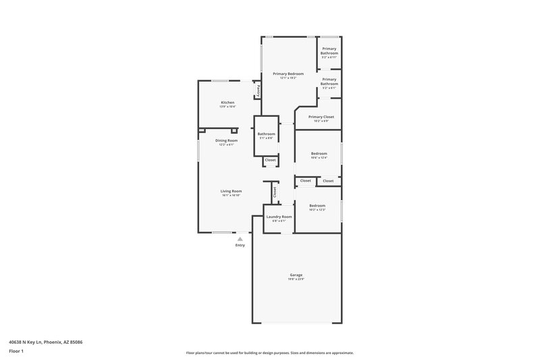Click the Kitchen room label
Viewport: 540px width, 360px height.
point(227,103)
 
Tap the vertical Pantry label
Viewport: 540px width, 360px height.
point(257,90)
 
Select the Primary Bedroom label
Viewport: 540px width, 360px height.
point(288,73)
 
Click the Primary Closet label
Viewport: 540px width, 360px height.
point(321,117)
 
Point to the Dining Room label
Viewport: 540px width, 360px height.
point(225,140)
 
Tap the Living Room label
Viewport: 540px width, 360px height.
point(231,191)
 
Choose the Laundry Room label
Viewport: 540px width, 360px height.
point(279,217)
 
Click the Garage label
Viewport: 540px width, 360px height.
point(296,275)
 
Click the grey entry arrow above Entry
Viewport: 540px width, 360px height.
point(240,238)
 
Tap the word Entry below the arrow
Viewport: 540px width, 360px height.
point(240,245)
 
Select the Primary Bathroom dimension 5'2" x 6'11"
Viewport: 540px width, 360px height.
point(329,57)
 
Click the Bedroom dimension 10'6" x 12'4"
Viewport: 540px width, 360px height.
point(319,158)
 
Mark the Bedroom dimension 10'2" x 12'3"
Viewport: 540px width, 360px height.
point(317,210)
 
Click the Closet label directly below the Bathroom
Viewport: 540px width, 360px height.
point(270,160)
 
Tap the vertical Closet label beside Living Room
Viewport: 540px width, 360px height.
point(275,191)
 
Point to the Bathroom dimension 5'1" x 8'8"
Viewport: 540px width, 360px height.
point(266,138)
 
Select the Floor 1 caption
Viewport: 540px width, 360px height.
point(16,351)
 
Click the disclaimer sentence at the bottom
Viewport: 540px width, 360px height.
point(269,353)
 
